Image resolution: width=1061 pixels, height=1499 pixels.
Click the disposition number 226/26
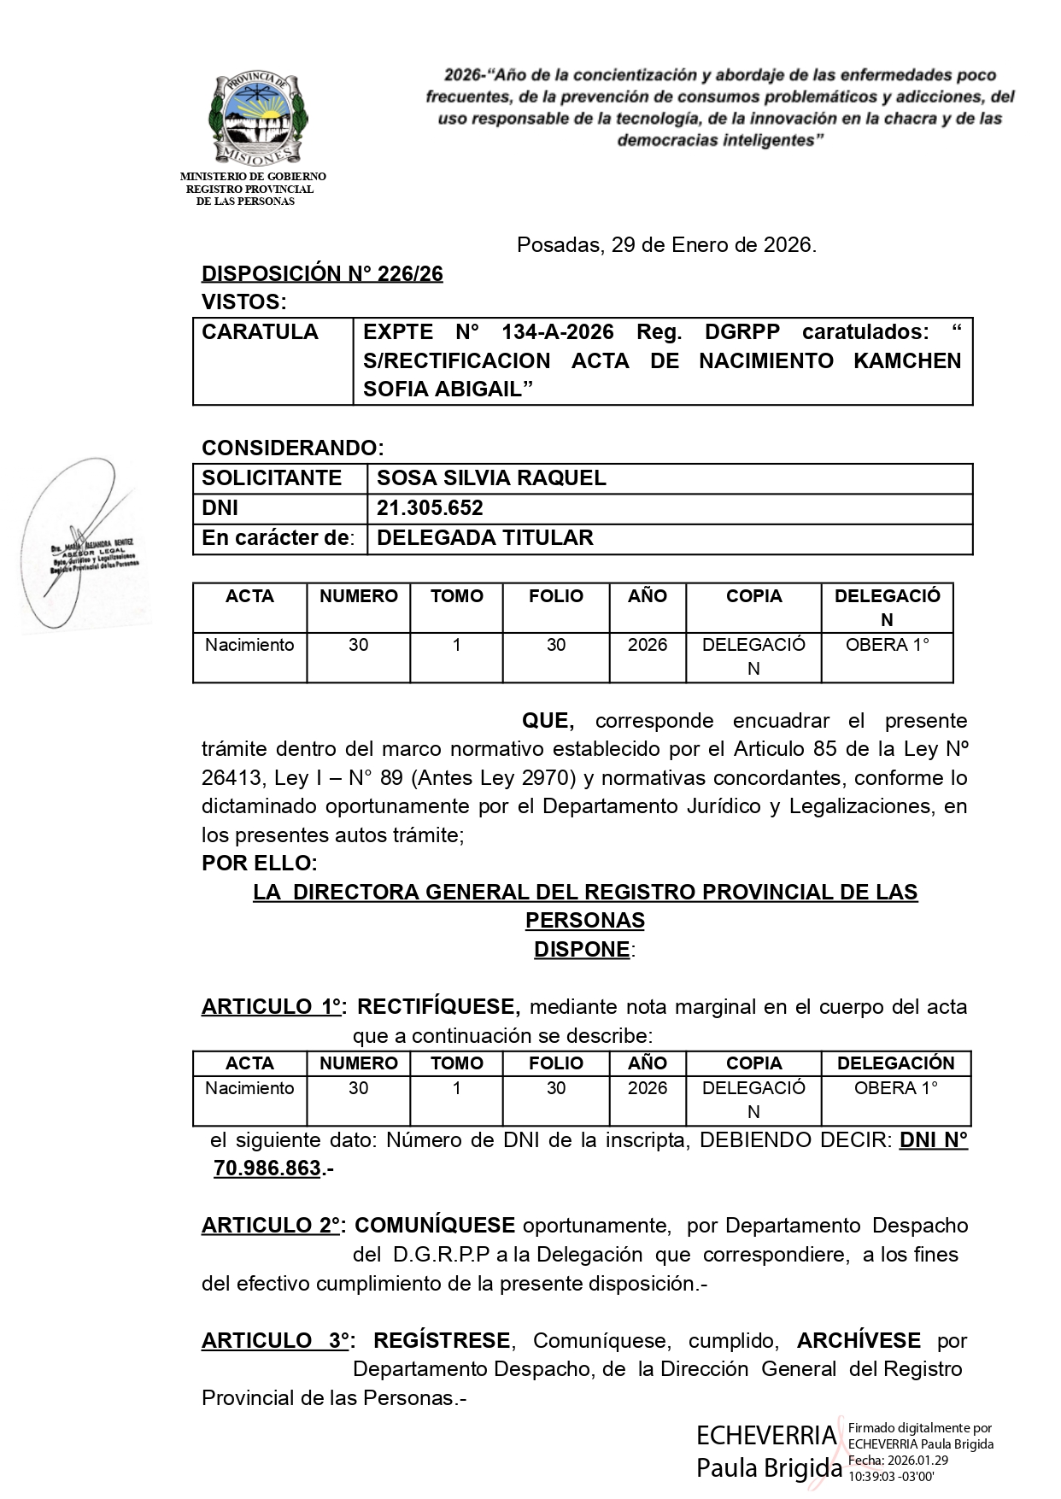322,274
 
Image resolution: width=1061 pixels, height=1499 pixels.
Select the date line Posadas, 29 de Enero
666,246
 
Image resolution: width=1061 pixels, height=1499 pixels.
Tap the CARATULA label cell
261,332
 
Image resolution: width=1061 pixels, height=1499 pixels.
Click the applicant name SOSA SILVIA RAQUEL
491,478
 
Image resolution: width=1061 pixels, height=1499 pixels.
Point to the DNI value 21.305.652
430,508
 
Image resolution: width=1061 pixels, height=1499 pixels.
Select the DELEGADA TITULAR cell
484,538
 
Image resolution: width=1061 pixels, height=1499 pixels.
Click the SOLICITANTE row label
272,478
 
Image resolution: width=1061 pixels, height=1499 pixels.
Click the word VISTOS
243,302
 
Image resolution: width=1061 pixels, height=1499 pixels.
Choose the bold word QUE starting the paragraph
548,721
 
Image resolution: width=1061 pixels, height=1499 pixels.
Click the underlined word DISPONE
582,950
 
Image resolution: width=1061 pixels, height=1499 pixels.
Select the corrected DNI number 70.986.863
267,1168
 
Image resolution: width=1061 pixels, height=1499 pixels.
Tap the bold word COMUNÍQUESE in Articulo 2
435,1226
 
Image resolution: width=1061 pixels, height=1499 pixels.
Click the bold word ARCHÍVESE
859,1340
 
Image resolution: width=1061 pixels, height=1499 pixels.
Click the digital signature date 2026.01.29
910,1460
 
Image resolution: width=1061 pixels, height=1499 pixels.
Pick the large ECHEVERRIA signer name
766,1434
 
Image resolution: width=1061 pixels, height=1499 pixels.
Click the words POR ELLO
259,863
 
